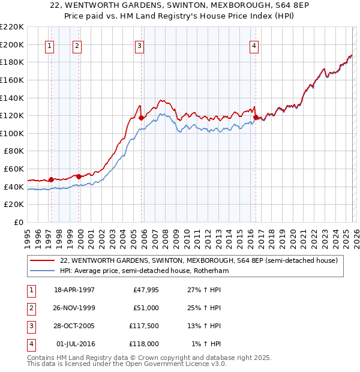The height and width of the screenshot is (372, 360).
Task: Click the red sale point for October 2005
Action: [x=142, y=118]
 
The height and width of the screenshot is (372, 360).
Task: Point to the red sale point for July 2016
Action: [x=256, y=117]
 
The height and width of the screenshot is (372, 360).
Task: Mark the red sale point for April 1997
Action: [x=52, y=179]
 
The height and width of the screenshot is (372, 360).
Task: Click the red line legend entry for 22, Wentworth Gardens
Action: [x=199, y=260]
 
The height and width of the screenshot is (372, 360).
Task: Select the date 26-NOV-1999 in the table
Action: [x=74, y=308]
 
